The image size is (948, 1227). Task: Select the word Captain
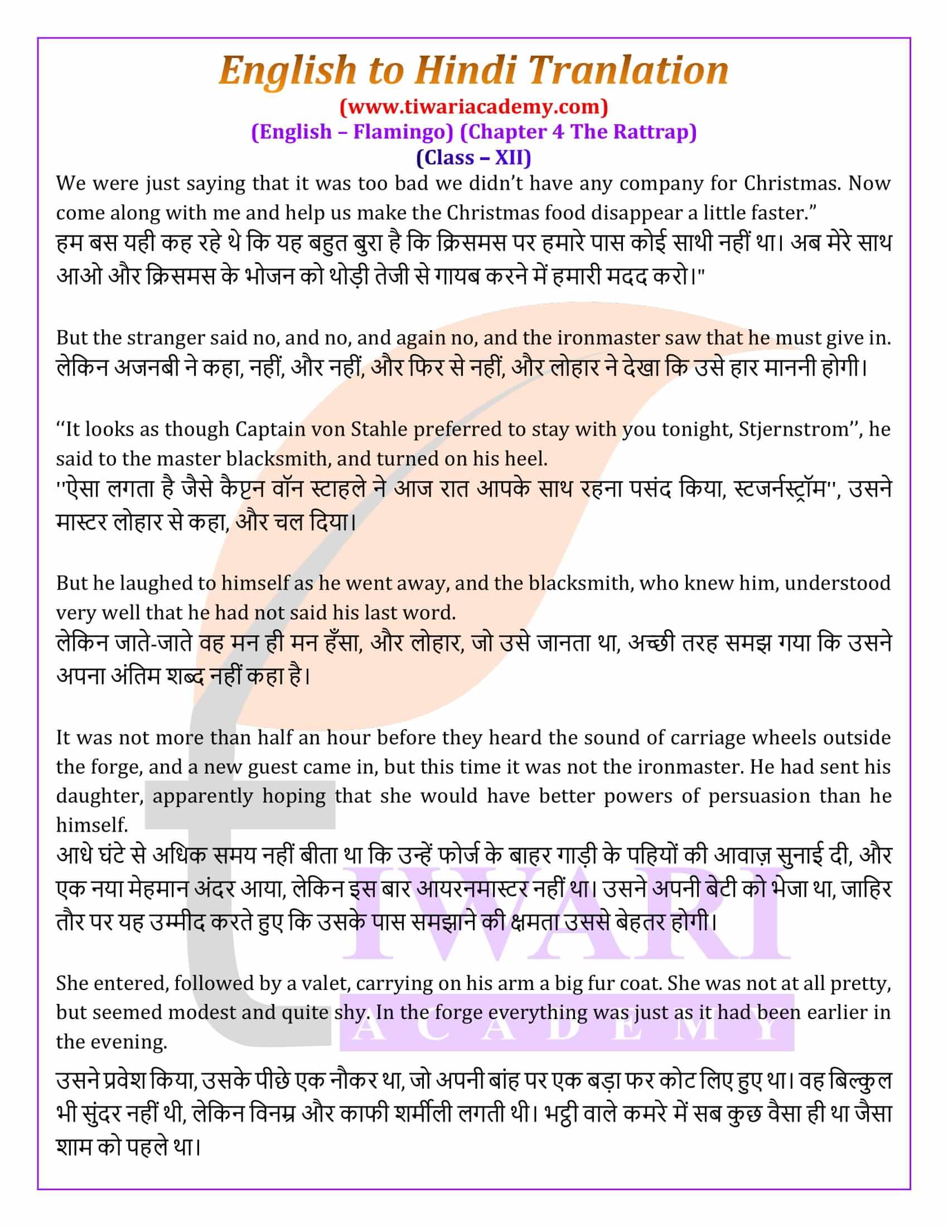point(270,430)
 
